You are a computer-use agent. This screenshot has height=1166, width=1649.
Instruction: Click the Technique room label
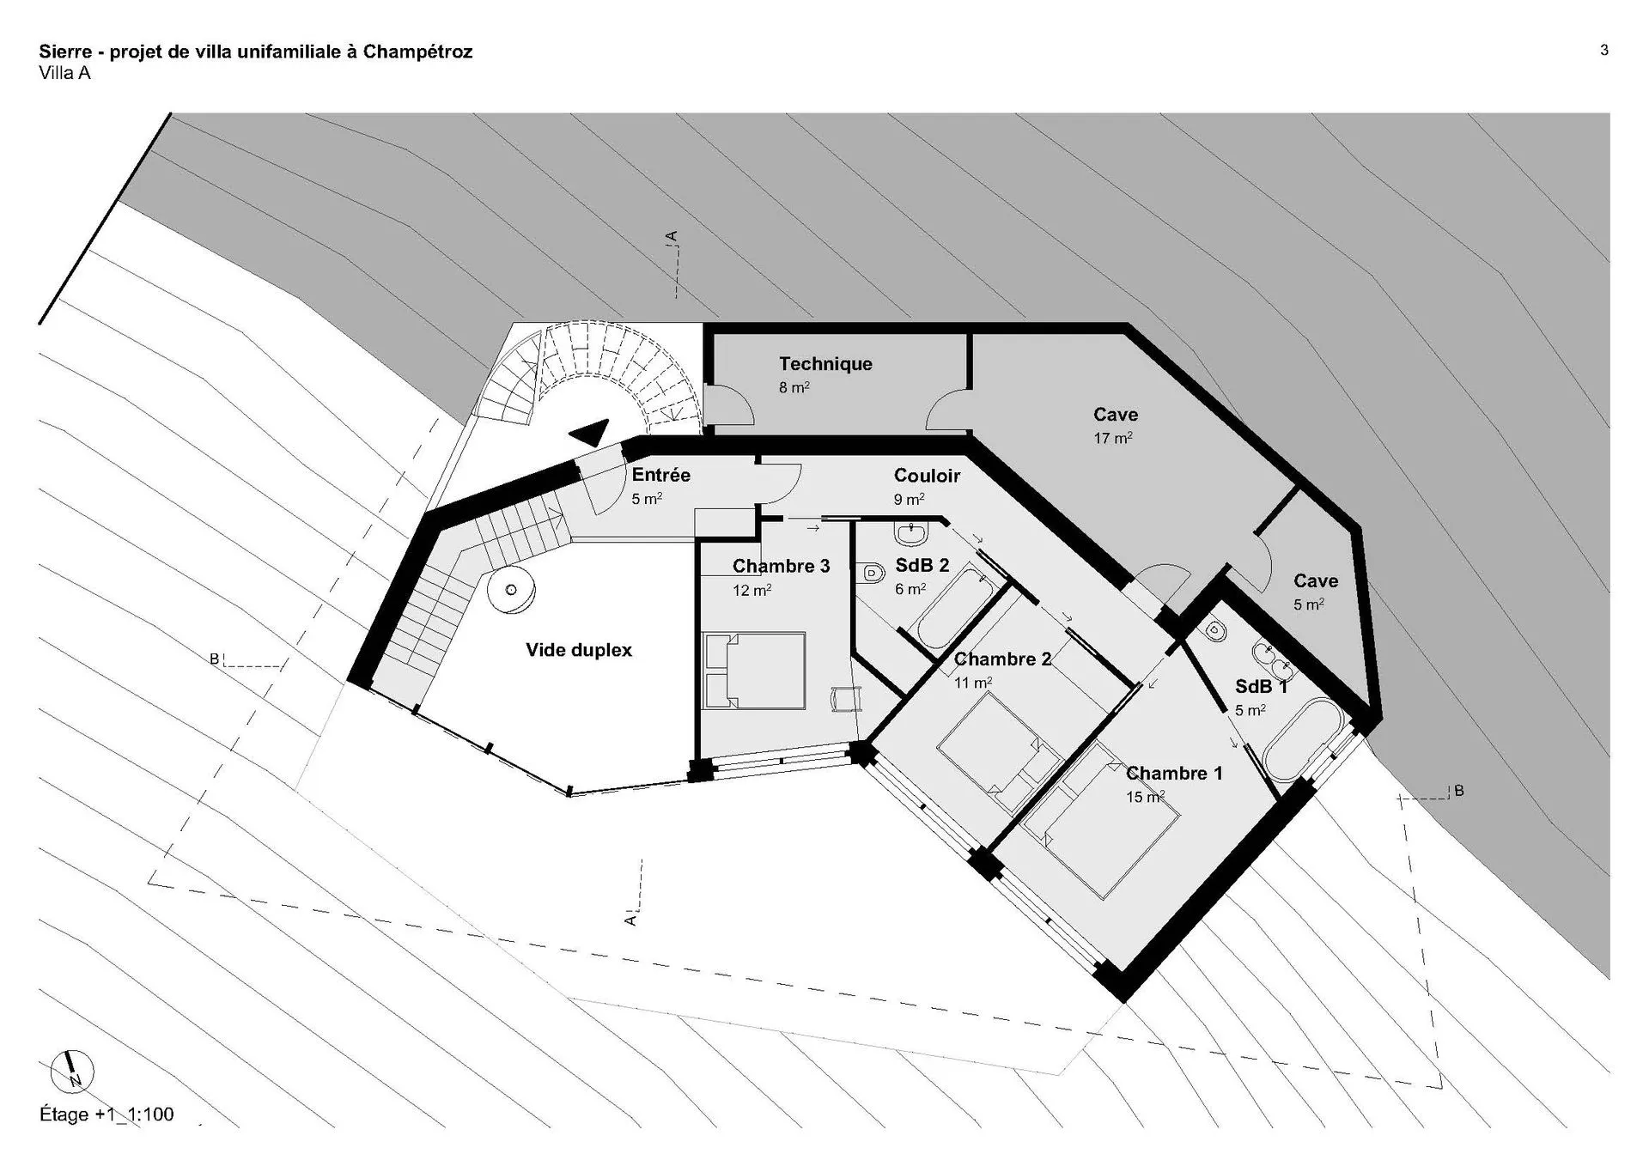[825, 364]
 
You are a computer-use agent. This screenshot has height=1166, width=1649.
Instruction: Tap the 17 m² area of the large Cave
[1112, 438]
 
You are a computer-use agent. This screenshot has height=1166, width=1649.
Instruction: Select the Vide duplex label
[579, 650]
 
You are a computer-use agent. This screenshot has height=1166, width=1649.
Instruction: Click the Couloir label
[927, 476]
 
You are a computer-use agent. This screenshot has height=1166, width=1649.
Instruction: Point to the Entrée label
[660, 475]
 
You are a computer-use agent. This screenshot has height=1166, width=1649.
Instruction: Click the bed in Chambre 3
[754, 671]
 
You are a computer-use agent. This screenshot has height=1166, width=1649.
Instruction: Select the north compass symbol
[72, 1072]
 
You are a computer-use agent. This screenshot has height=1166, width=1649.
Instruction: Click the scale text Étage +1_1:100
[106, 1114]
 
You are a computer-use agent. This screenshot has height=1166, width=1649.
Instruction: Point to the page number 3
[1603, 51]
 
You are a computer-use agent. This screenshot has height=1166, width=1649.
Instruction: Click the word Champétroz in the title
[417, 52]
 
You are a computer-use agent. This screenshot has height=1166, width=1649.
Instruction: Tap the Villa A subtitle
[64, 73]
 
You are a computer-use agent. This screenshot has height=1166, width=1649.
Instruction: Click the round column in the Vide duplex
[511, 590]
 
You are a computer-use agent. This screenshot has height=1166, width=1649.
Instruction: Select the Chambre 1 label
[1174, 774]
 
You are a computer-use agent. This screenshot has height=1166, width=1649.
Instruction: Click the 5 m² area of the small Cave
[1309, 604]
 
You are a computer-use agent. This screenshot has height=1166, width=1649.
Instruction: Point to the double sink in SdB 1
[1273, 658]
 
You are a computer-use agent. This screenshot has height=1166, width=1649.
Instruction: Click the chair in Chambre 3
[845, 699]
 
